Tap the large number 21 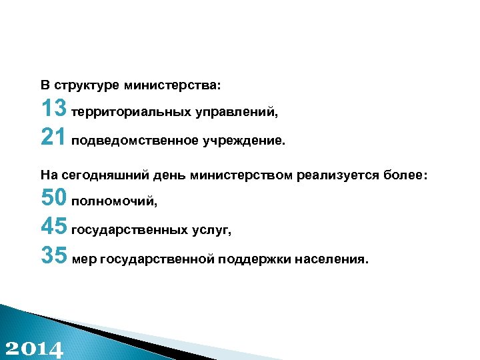tap(53, 137)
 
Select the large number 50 tap(53, 197)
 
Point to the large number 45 tap(53, 227)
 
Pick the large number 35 tap(53, 256)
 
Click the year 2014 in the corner tap(34, 349)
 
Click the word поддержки tap(252, 260)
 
